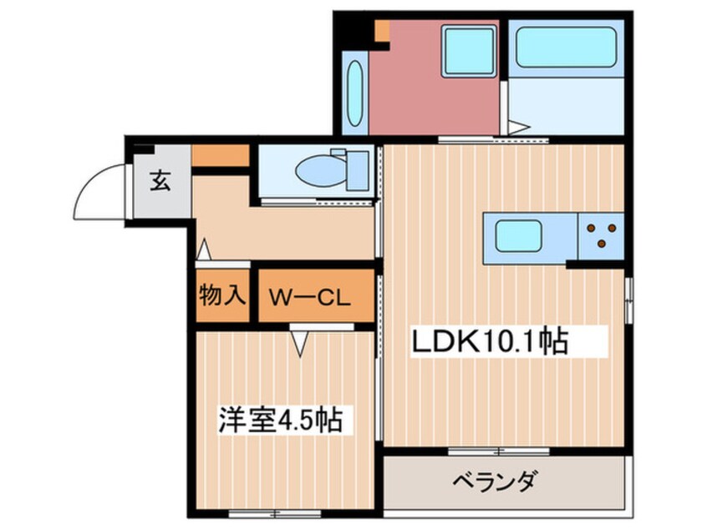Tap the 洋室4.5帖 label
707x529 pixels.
tap(282, 419)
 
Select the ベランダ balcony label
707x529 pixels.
tap(495, 481)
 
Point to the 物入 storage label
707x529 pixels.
tap(221, 295)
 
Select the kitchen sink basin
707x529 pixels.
tap(525, 236)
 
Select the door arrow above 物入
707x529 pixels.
tap(203, 249)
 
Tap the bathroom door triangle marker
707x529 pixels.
tap(517, 128)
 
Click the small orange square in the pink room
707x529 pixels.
tap(382, 32)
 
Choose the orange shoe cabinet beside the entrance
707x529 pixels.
tap(221, 156)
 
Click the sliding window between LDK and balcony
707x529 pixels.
tap(498, 451)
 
